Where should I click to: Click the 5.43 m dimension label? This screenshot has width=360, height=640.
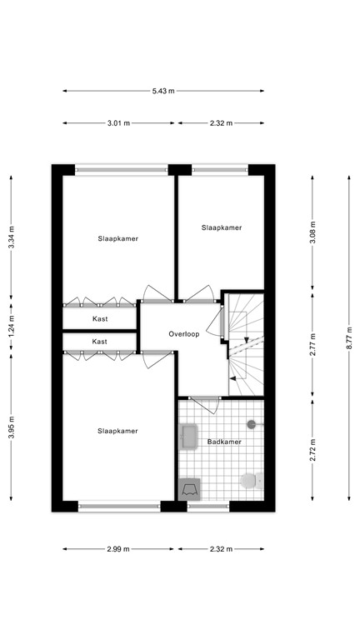click(163, 91)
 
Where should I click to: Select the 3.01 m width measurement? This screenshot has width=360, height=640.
click(118, 123)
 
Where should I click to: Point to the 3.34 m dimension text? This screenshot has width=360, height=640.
click(11, 240)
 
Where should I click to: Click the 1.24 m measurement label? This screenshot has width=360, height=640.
click(11, 322)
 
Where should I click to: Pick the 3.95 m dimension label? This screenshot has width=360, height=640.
click(11, 428)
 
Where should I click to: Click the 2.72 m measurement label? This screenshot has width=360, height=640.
click(312, 450)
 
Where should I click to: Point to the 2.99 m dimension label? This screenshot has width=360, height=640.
click(118, 549)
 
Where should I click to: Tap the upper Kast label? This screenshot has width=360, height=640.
click(99, 319)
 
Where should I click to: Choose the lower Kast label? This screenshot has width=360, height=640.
click(99, 342)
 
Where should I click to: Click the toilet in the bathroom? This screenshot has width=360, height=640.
click(249, 482)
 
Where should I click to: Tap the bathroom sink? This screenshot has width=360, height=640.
click(187, 435)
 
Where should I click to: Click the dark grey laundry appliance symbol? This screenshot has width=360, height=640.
click(190, 489)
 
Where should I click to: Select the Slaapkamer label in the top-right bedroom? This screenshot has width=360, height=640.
click(222, 227)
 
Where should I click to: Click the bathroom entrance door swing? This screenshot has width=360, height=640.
click(203, 406)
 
